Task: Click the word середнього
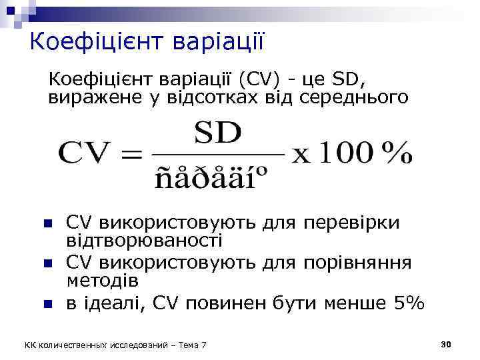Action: tap(347, 99)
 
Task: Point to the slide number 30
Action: tap(447, 344)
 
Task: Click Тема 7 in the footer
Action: tap(191, 345)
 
